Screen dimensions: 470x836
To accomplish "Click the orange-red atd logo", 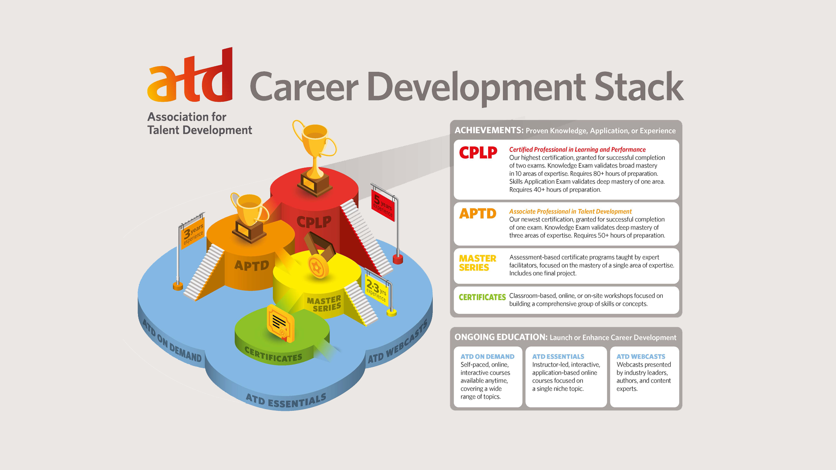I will pyautogui.click(x=190, y=77).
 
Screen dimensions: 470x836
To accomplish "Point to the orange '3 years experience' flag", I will pyautogui.click(x=192, y=233).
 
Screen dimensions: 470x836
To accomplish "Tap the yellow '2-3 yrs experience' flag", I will pyautogui.click(x=376, y=290).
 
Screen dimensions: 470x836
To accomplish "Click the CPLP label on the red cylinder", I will pyautogui.click(x=314, y=222).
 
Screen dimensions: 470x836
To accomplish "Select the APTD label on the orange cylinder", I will pyautogui.click(x=251, y=265).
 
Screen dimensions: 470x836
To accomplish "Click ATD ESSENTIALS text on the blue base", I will pyautogui.click(x=286, y=400).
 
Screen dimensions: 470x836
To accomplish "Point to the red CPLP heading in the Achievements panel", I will pyautogui.click(x=478, y=153).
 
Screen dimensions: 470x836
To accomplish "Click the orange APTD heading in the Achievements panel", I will pyautogui.click(x=478, y=214).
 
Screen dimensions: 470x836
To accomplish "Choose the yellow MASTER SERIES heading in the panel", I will pyautogui.click(x=477, y=263).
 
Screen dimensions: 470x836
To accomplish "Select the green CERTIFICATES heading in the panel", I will pyautogui.click(x=482, y=297).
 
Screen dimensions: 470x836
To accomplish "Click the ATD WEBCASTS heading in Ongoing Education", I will pyautogui.click(x=640, y=356).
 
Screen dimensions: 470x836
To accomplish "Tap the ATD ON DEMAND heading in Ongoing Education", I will pyautogui.click(x=487, y=356).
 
